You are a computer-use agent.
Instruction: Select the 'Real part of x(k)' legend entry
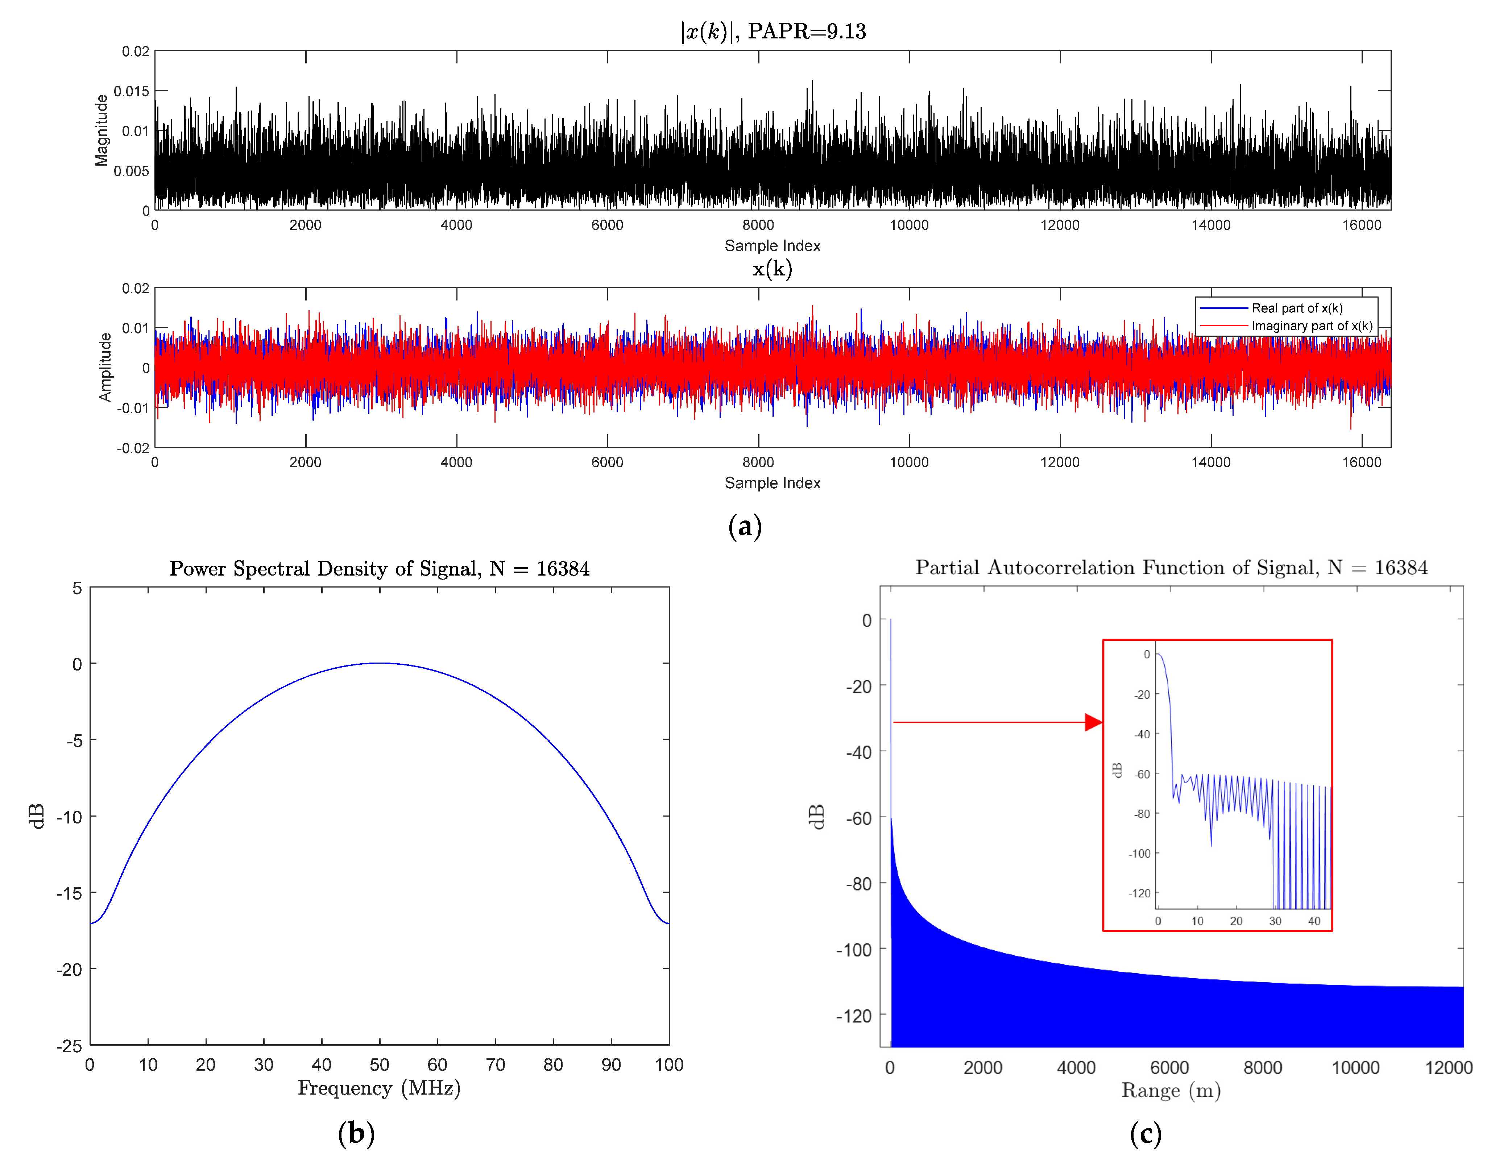[x=1296, y=308]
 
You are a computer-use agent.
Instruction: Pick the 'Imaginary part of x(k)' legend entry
[x=1311, y=326]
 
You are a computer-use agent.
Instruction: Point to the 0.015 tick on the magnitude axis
[x=131, y=91]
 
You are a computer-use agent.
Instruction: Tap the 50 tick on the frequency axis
[x=379, y=1065]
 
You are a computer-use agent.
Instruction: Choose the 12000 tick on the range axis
[x=1448, y=1067]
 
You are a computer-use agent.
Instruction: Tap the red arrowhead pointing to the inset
[x=1093, y=722]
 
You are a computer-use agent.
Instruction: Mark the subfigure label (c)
[x=1145, y=1133]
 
